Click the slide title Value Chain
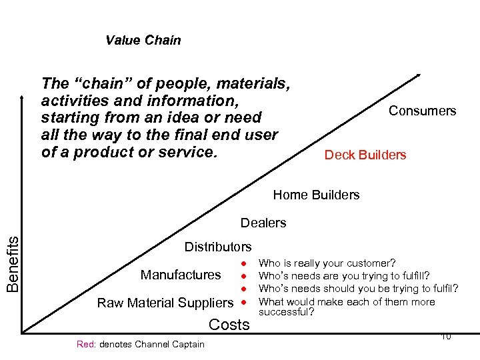click(x=143, y=40)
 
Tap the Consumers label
click(x=422, y=111)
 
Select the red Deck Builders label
click(x=365, y=155)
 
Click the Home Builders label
click(x=316, y=195)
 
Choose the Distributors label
click(x=218, y=247)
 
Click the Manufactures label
click(x=181, y=275)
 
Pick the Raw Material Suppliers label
click(x=165, y=303)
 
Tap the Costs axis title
click(x=229, y=325)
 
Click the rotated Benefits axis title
click(x=12, y=259)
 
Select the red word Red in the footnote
click(x=86, y=344)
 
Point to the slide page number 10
click(x=445, y=337)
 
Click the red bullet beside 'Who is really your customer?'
click(x=245, y=263)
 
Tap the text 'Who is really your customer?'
click(x=327, y=263)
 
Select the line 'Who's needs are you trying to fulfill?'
click(x=344, y=276)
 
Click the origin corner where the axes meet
click(x=22, y=331)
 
